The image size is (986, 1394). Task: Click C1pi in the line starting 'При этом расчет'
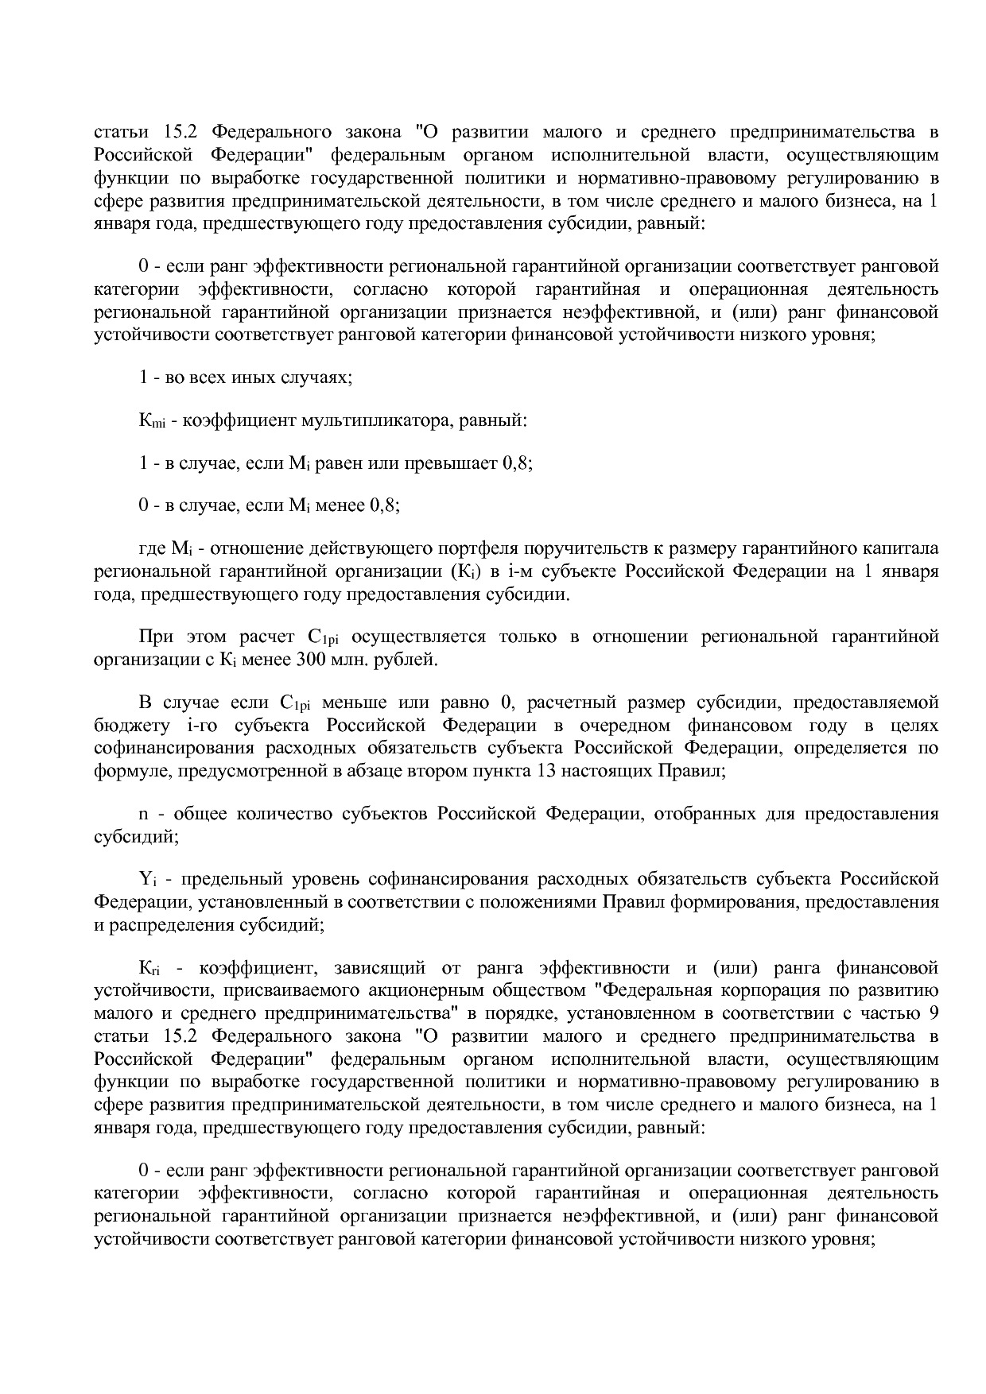(322, 637)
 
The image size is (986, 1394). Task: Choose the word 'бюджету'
(125, 726)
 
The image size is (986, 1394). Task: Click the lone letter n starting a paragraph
(144, 815)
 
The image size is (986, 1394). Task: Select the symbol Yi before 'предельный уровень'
(147, 880)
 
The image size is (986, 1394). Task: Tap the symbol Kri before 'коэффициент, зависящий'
(149, 969)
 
